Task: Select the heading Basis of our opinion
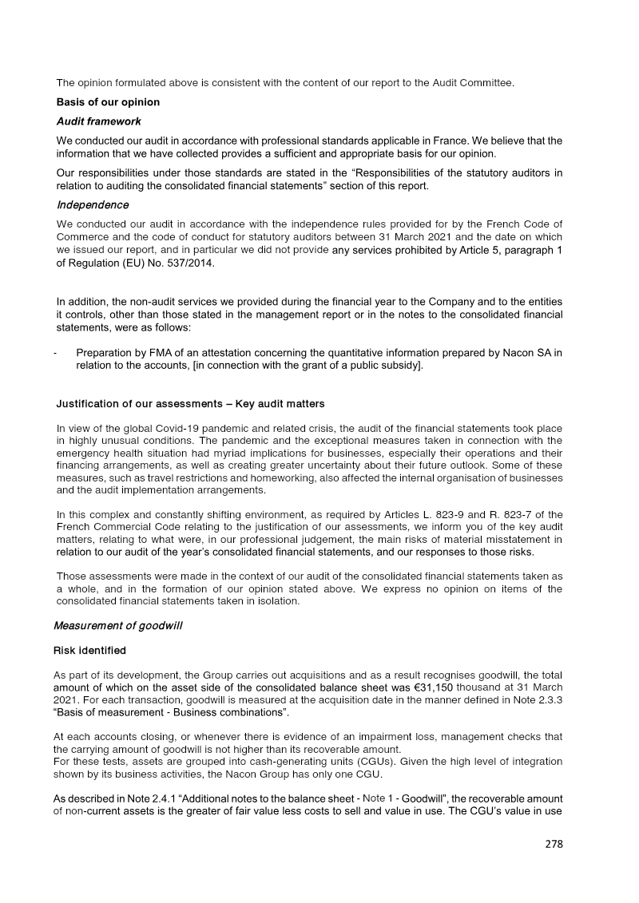click(108, 102)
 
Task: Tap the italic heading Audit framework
click(98, 121)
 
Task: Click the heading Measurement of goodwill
click(117, 625)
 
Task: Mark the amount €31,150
click(430, 687)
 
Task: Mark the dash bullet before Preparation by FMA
click(55, 353)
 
